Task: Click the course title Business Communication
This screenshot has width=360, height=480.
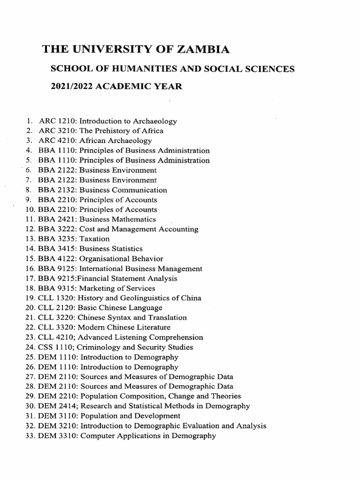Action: click(123, 190)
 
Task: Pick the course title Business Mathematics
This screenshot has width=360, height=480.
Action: click(118, 219)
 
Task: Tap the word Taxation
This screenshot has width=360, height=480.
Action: click(94, 239)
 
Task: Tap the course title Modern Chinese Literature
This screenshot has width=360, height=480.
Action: click(125, 328)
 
